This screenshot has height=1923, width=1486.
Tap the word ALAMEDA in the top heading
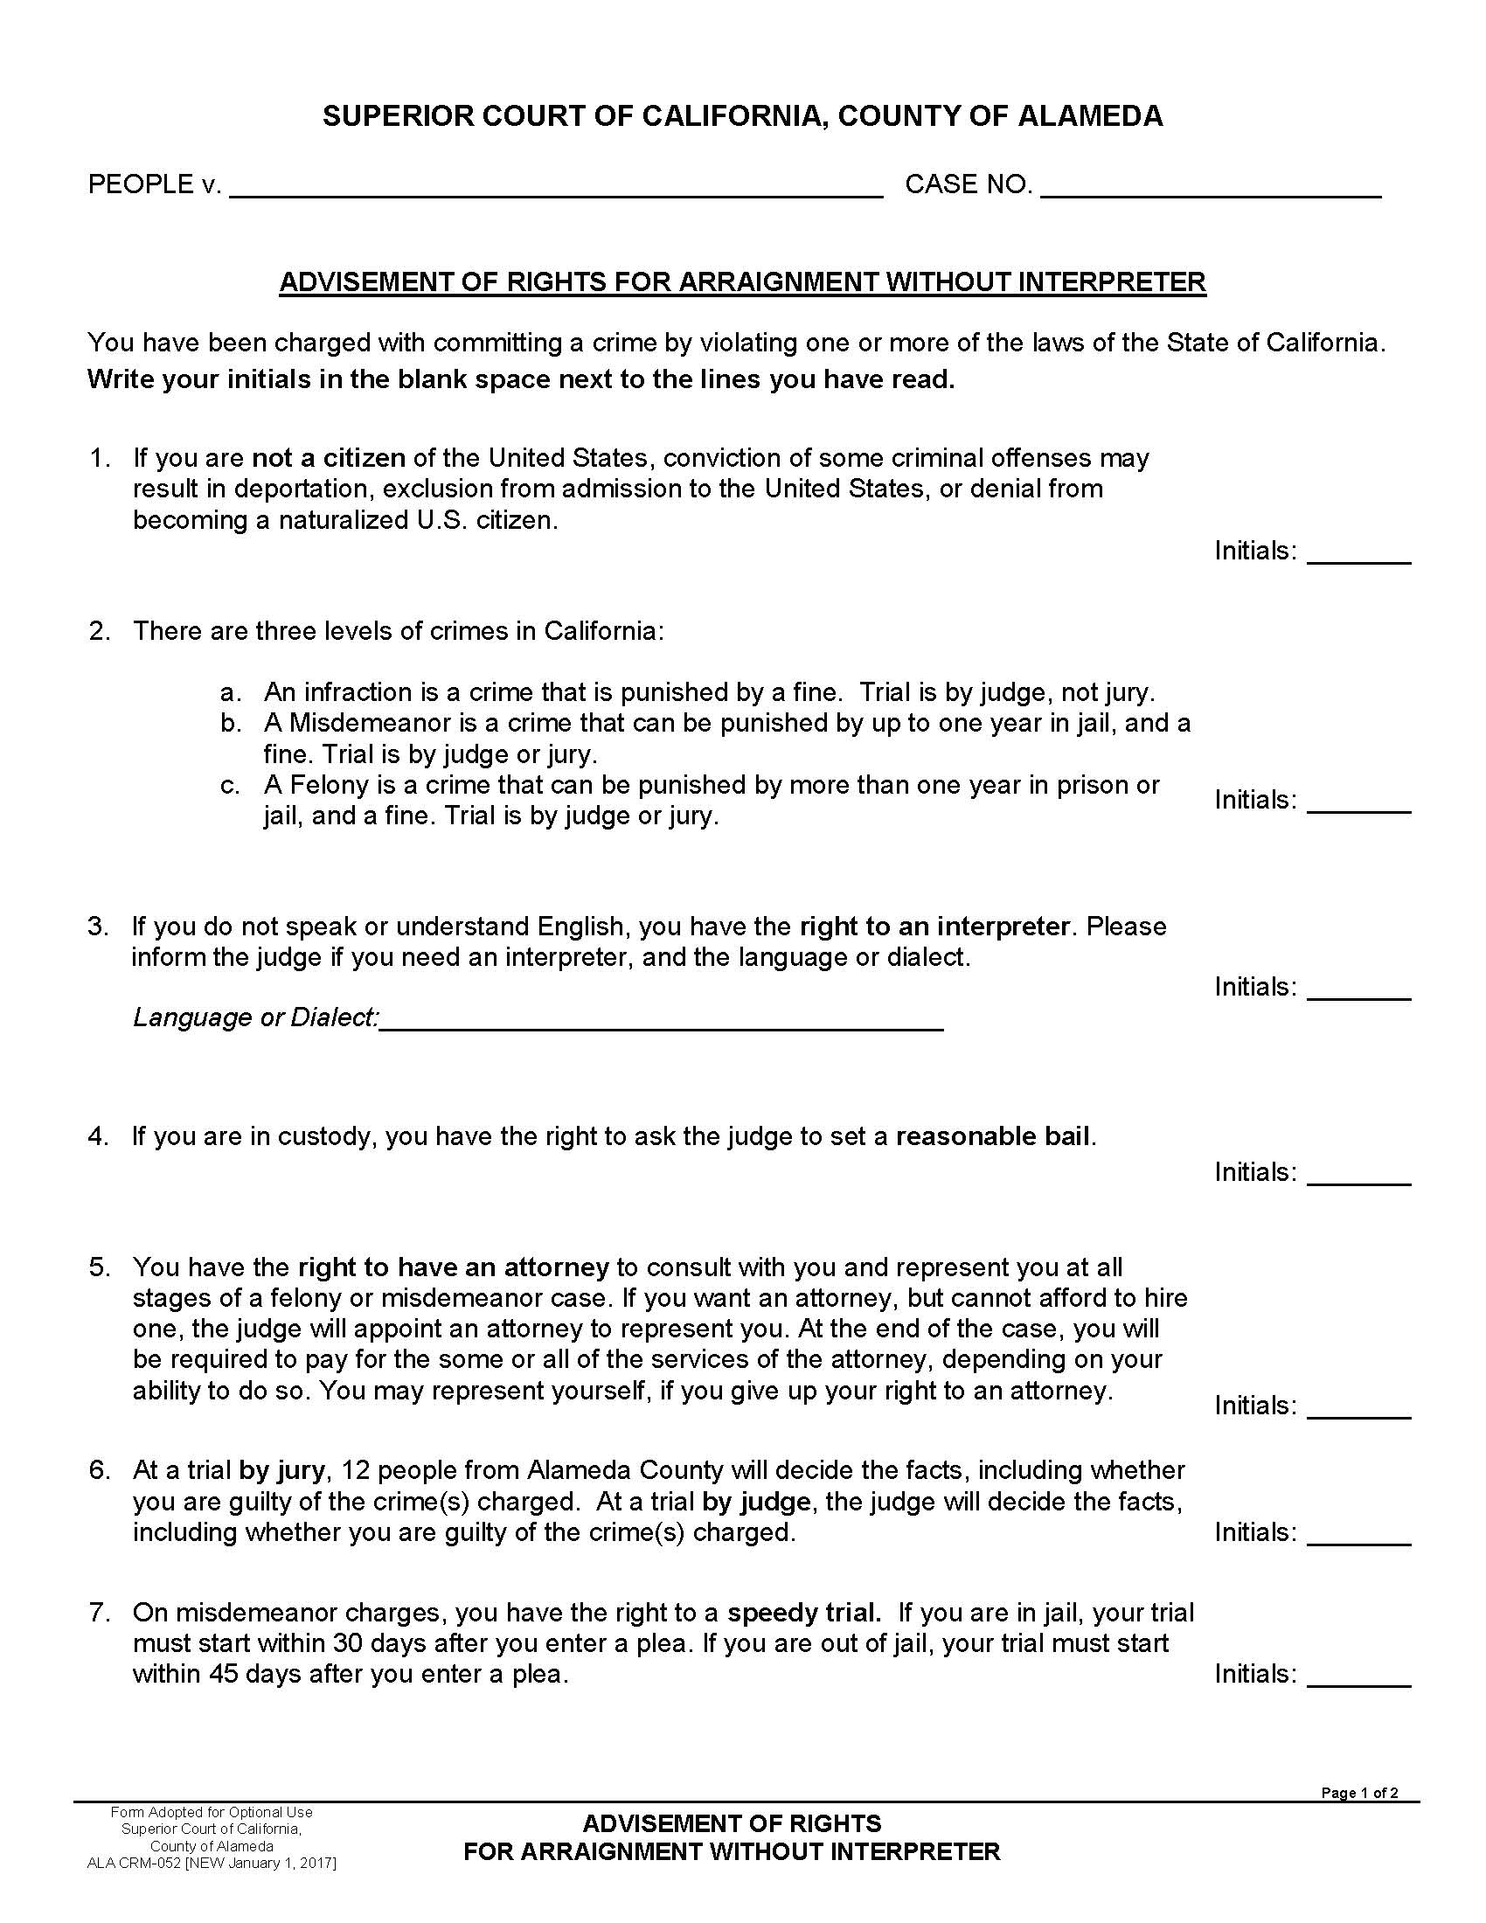point(1090,116)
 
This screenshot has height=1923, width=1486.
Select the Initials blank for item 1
point(1358,555)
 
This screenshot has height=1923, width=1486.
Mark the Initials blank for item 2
point(1358,804)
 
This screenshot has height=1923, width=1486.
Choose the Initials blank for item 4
point(1358,1177)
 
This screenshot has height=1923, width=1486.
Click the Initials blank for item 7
point(1358,1678)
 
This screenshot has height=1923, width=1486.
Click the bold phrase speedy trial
point(803,1613)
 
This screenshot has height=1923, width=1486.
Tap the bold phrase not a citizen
point(329,459)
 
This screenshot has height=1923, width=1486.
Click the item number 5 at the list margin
point(98,1268)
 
